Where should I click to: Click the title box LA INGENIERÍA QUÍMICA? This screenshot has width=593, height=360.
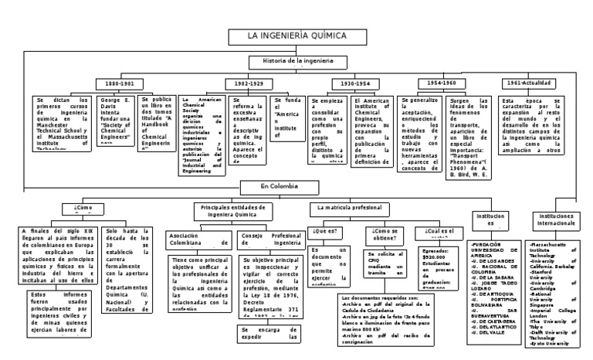pyautogui.click(x=296, y=36)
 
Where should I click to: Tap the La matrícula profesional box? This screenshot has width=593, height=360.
pyautogui.click(x=349, y=209)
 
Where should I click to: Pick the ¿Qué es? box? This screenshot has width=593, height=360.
pyautogui.click(x=325, y=231)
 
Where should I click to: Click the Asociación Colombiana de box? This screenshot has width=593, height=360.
pyautogui.click(x=196, y=240)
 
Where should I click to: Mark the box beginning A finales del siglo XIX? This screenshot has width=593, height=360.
pyautogui.click(x=57, y=253)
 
